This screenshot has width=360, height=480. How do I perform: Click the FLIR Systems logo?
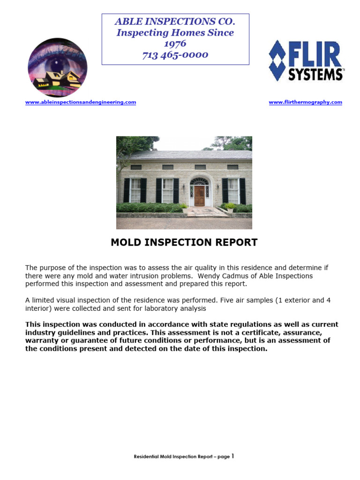[x=306, y=60]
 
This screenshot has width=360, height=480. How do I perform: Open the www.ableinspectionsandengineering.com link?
[x=81, y=102]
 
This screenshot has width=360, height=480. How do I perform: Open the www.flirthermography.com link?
[x=305, y=102]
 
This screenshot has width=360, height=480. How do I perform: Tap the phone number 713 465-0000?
[x=175, y=55]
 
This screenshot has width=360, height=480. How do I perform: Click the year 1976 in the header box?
[x=175, y=44]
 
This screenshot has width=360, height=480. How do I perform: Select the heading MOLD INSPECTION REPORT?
[x=184, y=242]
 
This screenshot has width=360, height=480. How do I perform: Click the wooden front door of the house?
[x=199, y=196]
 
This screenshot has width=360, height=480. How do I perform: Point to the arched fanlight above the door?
[x=199, y=181]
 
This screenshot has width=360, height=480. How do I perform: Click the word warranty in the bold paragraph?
[x=42, y=340]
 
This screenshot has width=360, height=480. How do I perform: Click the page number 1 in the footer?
[x=232, y=456]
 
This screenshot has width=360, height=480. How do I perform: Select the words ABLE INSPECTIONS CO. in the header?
[x=175, y=22]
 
